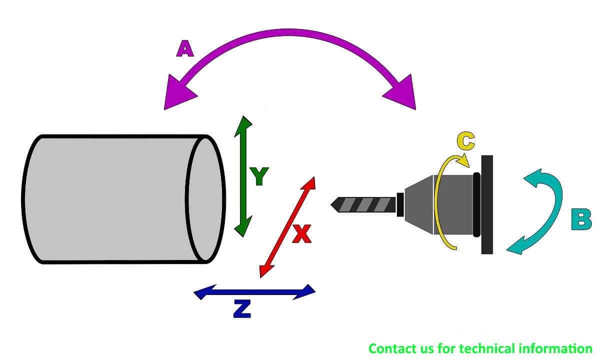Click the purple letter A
[185, 49]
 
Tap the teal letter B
[581, 219]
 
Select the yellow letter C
[466, 140]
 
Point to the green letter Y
[259, 176]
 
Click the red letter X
[302, 234]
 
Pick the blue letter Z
[242, 309]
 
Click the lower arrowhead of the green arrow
[243, 227]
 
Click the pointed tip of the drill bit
[331, 205]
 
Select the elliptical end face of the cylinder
[205, 199]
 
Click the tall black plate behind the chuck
[487, 204]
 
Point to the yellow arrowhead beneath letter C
[464, 160]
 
